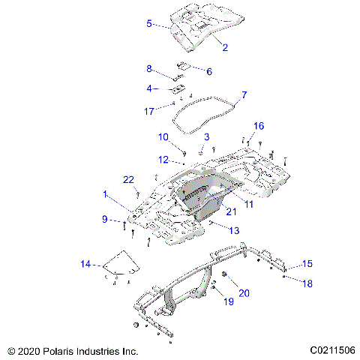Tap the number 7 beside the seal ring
click(244, 95)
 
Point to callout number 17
click(149, 111)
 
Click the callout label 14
click(86, 264)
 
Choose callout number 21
click(231, 212)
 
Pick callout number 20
click(244, 292)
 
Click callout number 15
click(307, 263)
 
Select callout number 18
click(307, 283)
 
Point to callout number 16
click(259, 125)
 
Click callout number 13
click(235, 230)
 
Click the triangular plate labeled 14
click(122, 262)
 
